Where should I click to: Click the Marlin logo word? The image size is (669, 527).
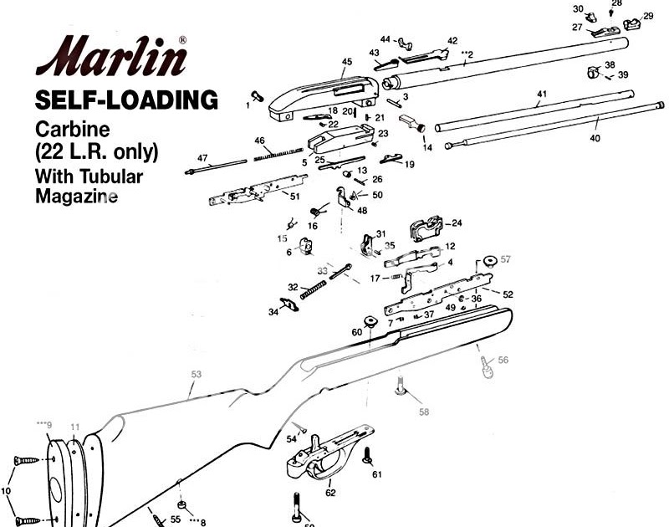[110, 59]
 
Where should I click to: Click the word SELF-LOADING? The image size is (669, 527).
[126, 101]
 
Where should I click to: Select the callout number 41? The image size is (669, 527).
[542, 95]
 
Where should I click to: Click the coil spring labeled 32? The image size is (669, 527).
[310, 292]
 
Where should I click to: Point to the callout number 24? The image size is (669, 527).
[457, 223]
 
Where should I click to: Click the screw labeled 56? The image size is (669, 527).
[486, 366]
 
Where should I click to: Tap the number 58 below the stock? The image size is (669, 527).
[424, 412]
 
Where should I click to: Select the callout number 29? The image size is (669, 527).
[648, 16]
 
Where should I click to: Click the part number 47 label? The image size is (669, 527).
[202, 158]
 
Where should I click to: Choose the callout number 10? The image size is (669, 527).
[7, 491]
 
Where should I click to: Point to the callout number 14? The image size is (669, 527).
[427, 147]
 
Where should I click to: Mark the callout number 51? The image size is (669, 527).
[294, 196]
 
